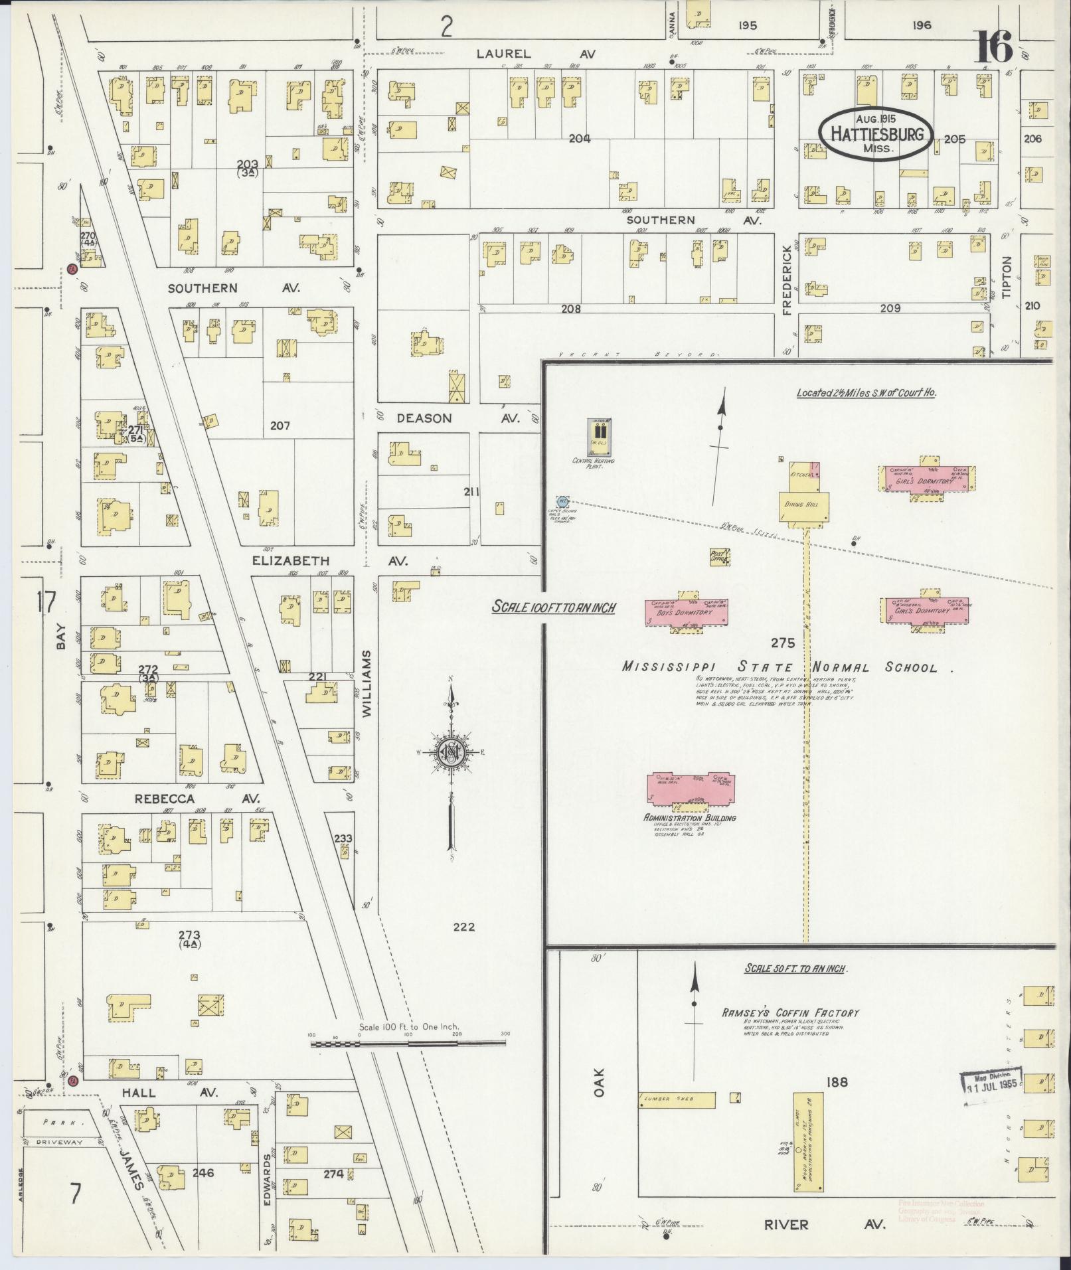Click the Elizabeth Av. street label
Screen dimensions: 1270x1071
(330, 561)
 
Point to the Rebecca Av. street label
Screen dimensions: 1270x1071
(197, 799)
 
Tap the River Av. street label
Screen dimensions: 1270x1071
(827, 1224)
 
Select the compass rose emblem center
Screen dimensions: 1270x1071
(452, 752)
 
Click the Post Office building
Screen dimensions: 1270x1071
(720, 556)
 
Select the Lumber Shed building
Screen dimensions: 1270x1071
(677, 1099)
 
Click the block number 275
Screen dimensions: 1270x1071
(783, 643)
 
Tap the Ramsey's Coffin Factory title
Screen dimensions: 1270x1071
(791, 1013)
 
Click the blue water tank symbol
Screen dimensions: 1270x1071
(562, 500)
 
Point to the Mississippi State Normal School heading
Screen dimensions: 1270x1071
(781, 667)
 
